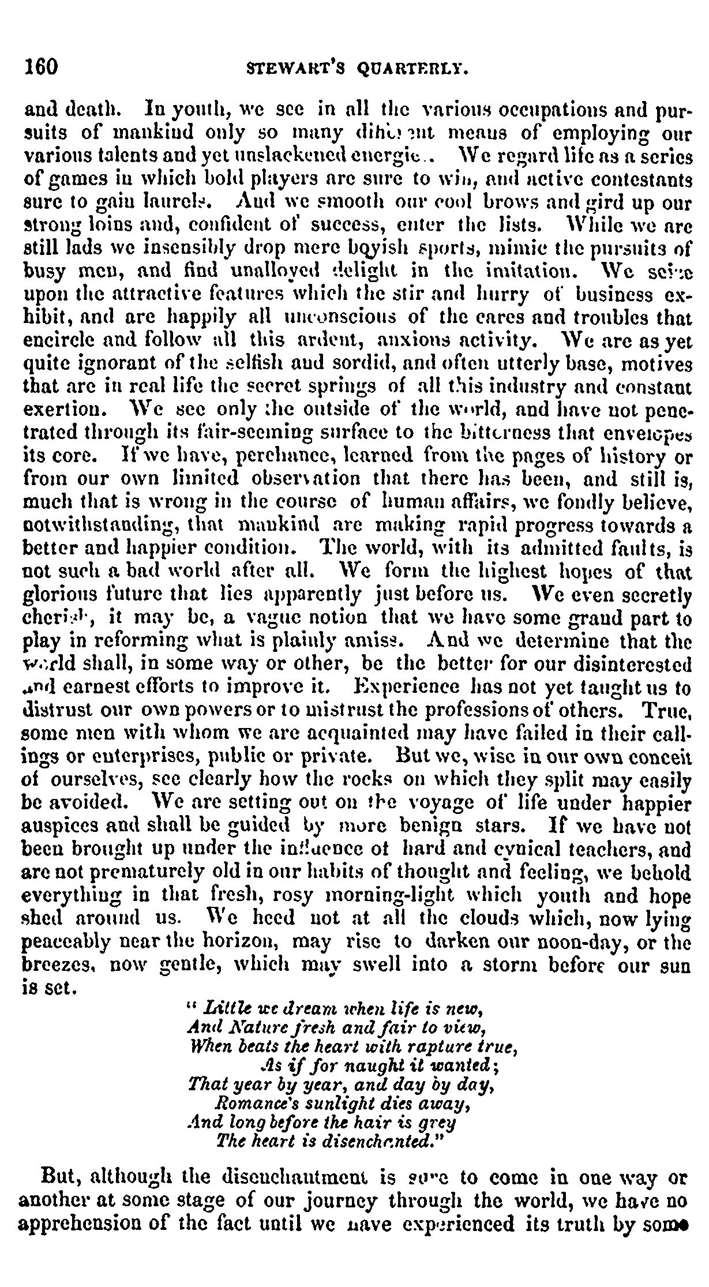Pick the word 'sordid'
pos(347,363)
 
